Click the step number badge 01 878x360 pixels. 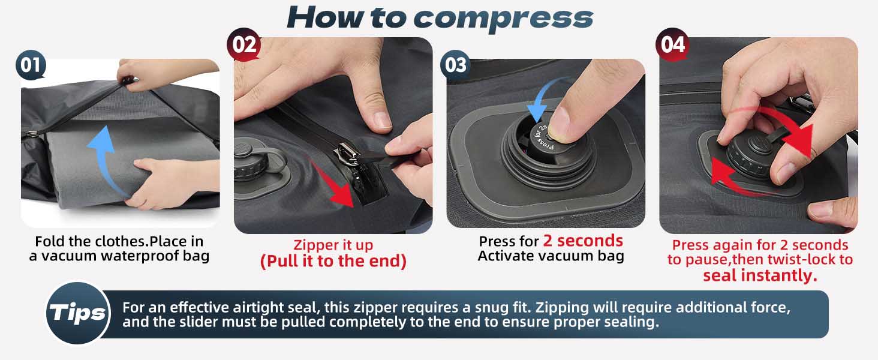[x=31, y=65]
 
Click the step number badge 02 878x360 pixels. [x=243, y=44]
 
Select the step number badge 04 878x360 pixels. [x=672, y=44]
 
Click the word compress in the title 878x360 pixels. [x=503, y=18]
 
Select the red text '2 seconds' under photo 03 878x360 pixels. [x=583, y=241]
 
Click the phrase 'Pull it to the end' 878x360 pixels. [x=333, y=262]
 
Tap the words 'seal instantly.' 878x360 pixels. [x=760, y=275]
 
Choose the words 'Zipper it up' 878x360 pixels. [x=333, y=245]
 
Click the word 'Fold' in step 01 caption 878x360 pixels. [x=49, y=241]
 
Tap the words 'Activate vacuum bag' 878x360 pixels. [x=551, y=256]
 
